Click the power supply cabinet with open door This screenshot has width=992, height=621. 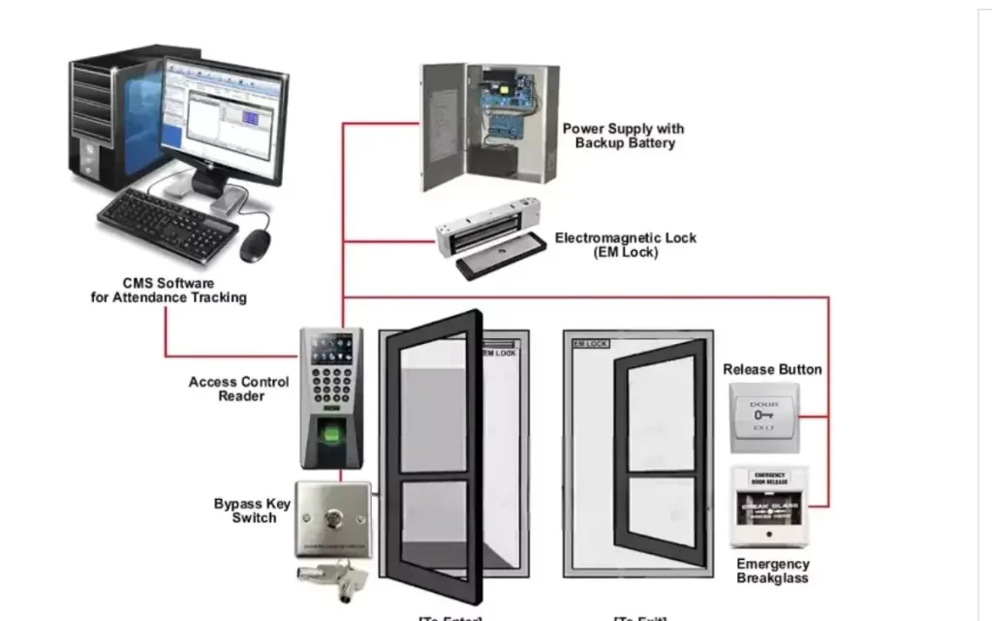coord(490,126)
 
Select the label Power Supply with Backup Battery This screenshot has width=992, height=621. coord(624,136)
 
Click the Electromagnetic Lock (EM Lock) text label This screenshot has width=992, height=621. coord(625,245)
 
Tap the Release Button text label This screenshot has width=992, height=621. coord(772,369)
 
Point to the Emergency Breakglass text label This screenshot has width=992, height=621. coord(772,571)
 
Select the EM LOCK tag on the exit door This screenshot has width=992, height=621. coord(590,344)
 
